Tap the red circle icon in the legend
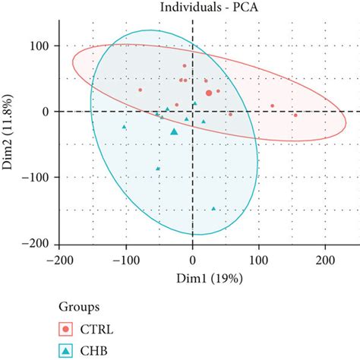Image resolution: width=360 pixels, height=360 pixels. (68, 329)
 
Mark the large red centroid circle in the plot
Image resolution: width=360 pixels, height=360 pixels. (209, 93)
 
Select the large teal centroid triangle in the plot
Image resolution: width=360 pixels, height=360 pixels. (174, 131)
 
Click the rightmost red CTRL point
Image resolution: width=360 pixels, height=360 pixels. (295, 115)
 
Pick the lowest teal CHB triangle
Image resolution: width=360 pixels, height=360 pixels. (213, 207)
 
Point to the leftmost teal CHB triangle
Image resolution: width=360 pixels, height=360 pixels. (125, 127)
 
